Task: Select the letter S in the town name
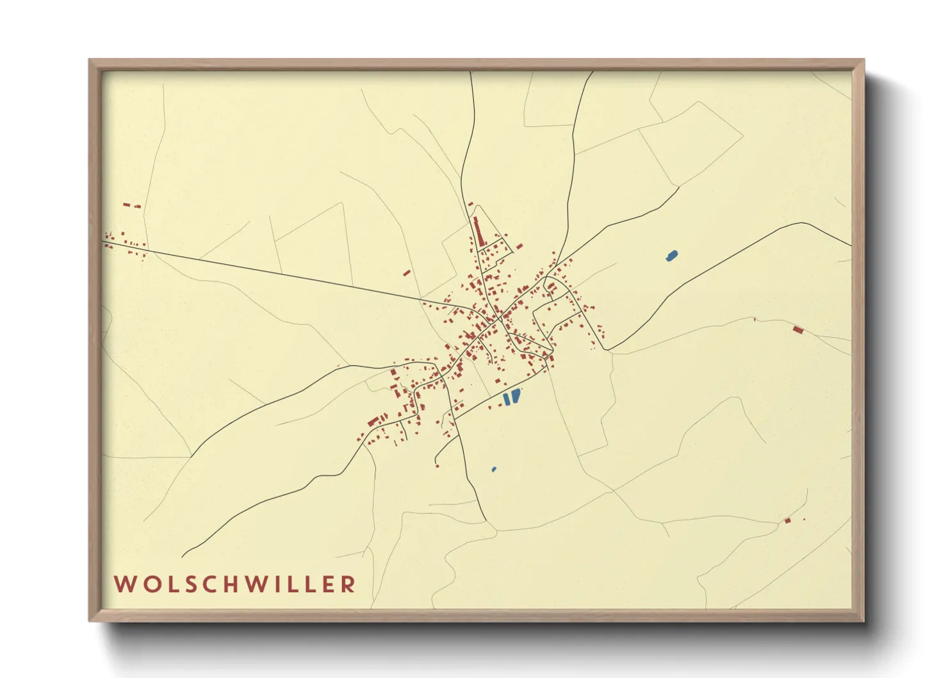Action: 185,584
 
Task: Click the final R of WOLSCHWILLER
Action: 348,584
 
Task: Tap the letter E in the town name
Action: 329,584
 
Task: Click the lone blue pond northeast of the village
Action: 671,256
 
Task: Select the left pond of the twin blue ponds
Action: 507,399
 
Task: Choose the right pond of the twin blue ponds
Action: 516,396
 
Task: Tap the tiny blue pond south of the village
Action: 494,470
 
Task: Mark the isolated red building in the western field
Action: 406,273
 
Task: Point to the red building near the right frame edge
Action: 797,330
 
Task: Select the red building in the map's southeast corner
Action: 788,520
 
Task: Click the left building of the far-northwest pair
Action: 127,205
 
